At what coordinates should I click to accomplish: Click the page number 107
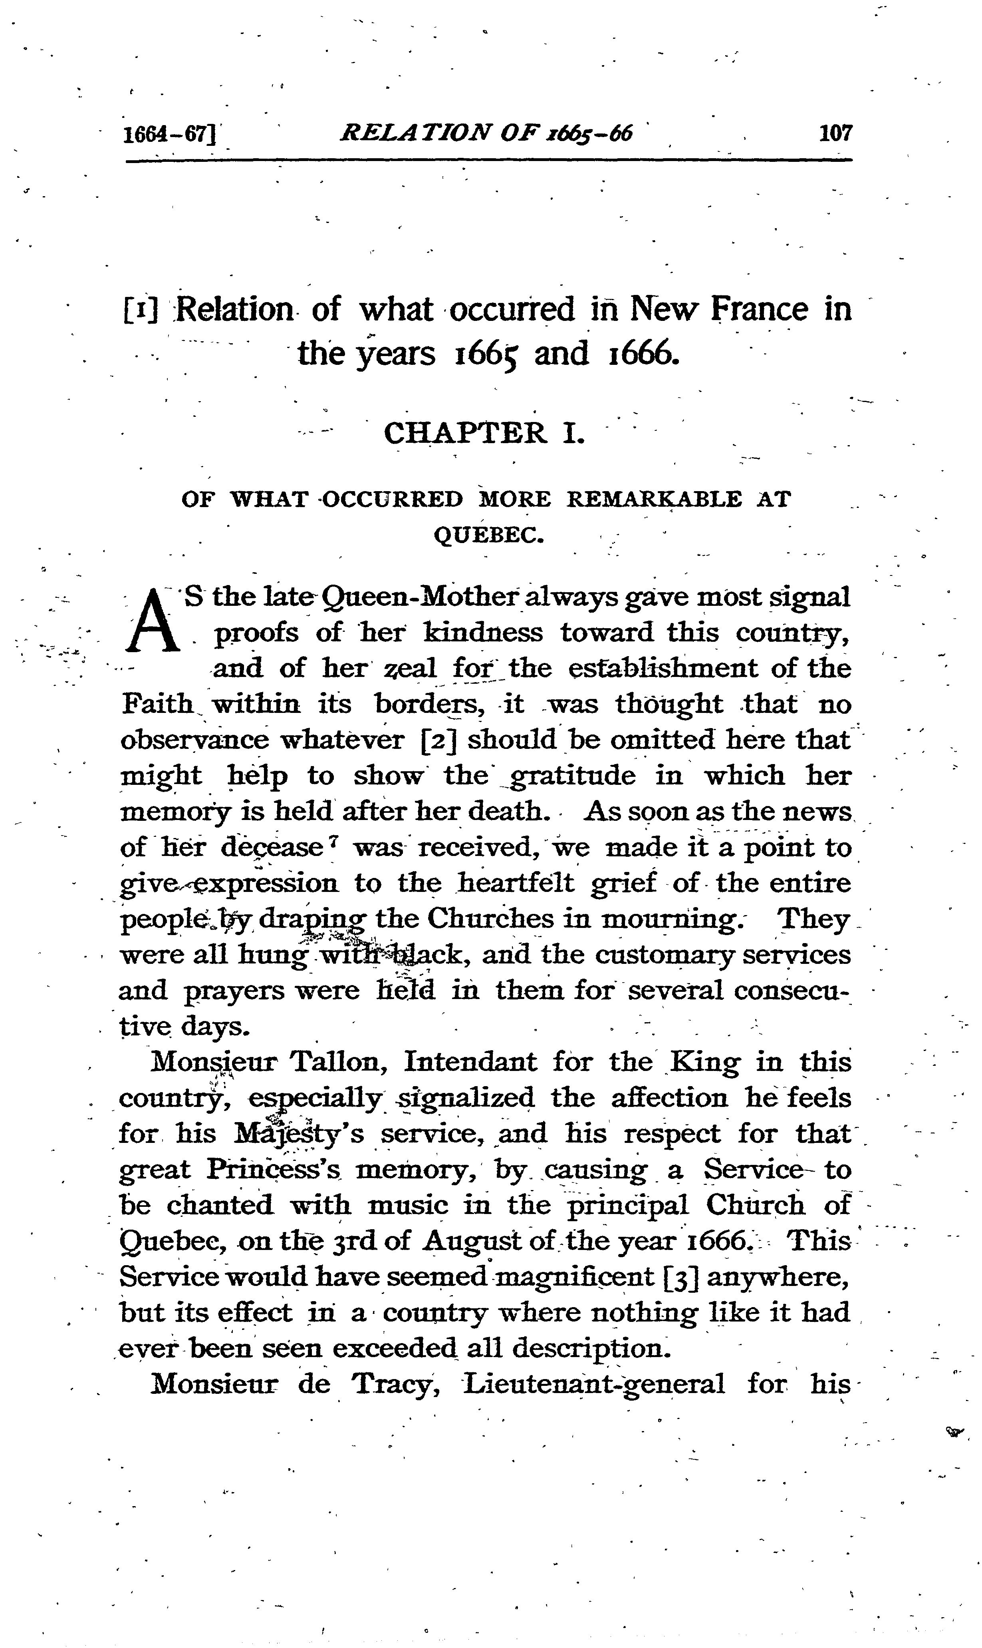coord(836,134)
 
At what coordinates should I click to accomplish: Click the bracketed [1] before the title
coord(140,310)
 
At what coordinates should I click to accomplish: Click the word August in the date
coord(475,1240)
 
